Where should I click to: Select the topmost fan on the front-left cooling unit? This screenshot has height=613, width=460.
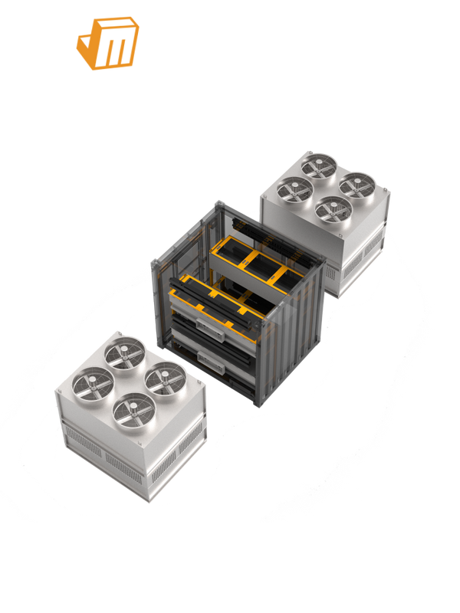click(124, 352)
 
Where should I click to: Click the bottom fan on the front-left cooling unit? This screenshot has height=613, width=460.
click(130, 409)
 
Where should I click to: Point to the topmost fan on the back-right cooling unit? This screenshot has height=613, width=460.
click(315, 165)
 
